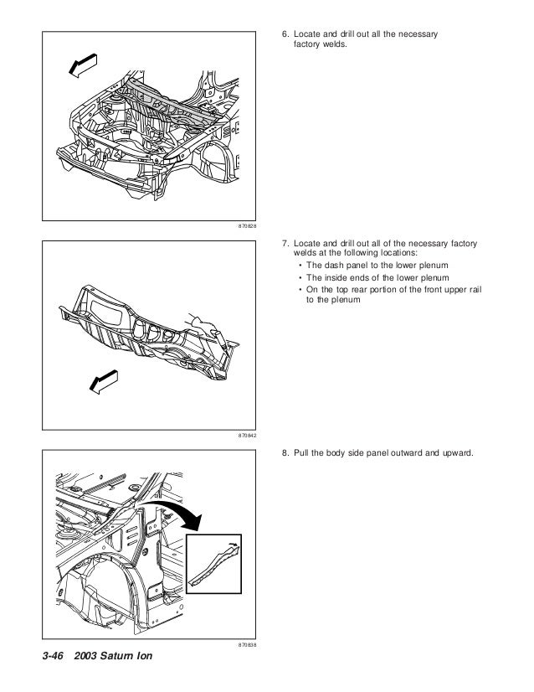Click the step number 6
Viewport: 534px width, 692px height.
(282, 34)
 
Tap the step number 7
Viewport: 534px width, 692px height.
(282, 243)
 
